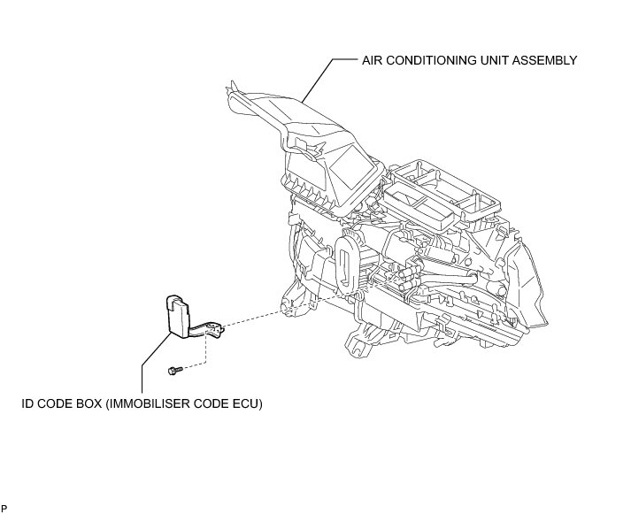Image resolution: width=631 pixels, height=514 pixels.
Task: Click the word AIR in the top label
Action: pyautogui.click(x=372, y=61)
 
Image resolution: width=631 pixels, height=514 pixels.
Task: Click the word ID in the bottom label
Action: pyautogui.click(x=27, y=403)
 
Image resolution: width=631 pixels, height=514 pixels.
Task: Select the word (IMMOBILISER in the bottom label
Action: pyautogui.click(x=149, y=403)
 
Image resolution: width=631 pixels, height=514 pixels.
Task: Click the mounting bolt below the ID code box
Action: pyautogui.click(x=174, y=369)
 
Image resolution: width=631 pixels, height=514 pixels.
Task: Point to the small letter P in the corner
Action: pyautogui.click(x=4, y=508)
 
